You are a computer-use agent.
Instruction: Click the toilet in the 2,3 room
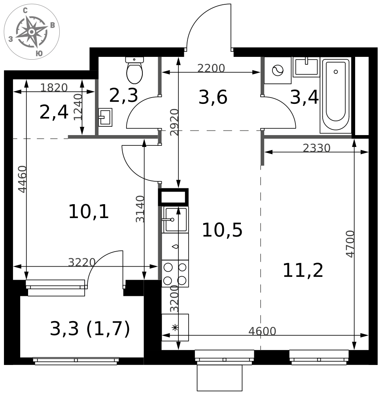pyautogui.click(x=134, y=70)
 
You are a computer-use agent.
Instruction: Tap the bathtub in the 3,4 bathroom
pyautogui.click(x=336, y=95)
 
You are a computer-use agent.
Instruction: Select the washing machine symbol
pyautogui.click(x=278, y=71)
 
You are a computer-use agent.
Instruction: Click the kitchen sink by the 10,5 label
pyautogui.click(x=175, y=220)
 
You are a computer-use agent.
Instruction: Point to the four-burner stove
pyautogui.click(x=175, y=274)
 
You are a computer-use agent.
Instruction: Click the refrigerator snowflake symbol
pyautogui.click(x=175, y=327)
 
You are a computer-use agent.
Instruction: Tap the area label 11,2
pyautogui.click(x=303, y=271)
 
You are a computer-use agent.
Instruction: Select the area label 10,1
pyautogui.click(x=89, y=212)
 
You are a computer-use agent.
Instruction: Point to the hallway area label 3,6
pyautogui.click(x=213, y=98)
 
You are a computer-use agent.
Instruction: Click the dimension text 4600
pyautogui.click(x=262, y=331)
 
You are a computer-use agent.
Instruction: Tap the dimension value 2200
pyautogui.click(x=211, y=68)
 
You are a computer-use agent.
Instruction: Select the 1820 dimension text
pyautogui.click(x=54, y=88)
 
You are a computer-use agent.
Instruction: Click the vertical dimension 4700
pyautogui.click(x=350, y=244)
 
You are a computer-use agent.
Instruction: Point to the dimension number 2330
pyautogui.click(x=316, y=148)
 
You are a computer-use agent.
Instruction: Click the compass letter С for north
pyautogui.click(x=25, y=10)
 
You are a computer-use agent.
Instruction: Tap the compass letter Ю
pyautogui.click(x=39, y=53)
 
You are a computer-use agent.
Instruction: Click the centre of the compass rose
pyautogui.click(x=32, y=32)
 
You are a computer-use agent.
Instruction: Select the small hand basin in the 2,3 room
pyautogui.click(x=105, y=117)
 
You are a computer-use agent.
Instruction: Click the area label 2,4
pyautogui.click(x=54, y=113)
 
